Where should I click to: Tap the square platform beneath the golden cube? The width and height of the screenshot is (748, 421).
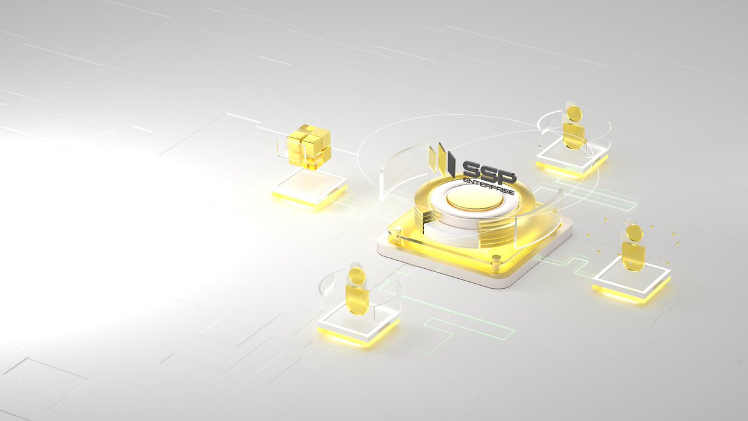pyautogui.click(x=310, y=188)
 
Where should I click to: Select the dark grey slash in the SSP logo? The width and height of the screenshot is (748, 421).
pyautogui.click(x=451, y=164)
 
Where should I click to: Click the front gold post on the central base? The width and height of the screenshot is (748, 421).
pyautogui.click(x=497, y=263)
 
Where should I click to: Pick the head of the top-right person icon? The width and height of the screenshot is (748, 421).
pyautogui.click(x=574, y=114)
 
